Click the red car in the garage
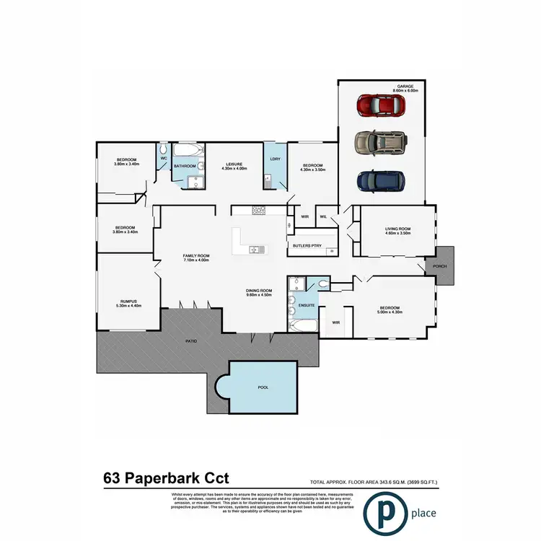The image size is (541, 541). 380,106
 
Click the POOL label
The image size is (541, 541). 263,387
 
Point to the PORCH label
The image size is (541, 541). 440,266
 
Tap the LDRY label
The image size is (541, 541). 274,159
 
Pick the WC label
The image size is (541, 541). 164,157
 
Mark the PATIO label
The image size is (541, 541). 192,340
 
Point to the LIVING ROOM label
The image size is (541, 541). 397,229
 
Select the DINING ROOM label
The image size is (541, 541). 258,289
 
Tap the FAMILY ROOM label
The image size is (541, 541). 194,255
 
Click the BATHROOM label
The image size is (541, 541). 185,166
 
